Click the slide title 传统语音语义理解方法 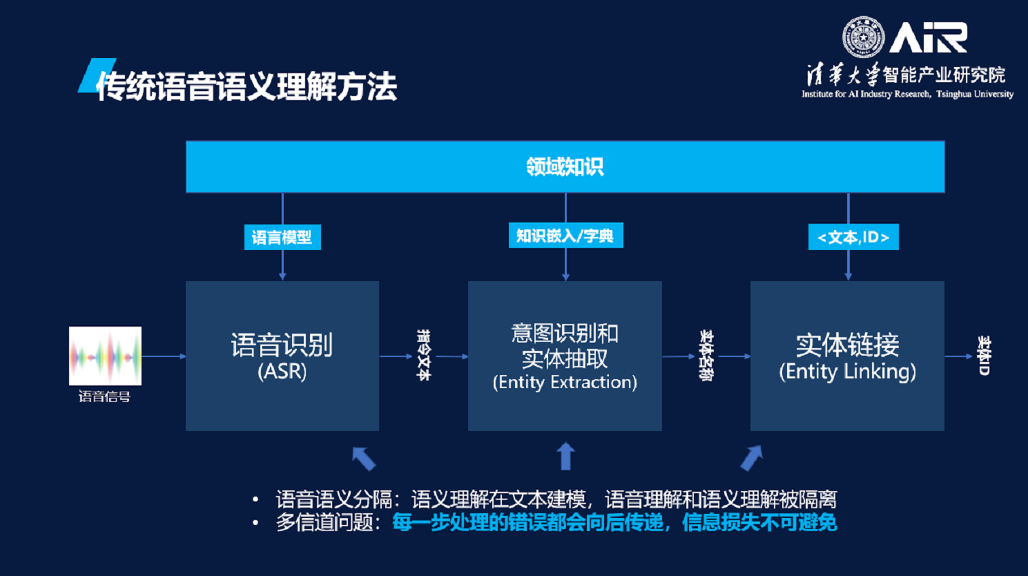tap(246, 86)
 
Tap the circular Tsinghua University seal tap(863, 37)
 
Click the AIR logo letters tap(928, 38)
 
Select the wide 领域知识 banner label tap(565, 166)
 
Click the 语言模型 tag tap(282, 238)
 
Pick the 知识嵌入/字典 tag tap(565, 236)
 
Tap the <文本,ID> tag tap(853, 238)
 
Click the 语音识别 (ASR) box tap(282, 356)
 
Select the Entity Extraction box tap(565, 356)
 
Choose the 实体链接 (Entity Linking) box tap(847, 356)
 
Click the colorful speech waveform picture tap(105, 356)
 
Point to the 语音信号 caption tap(104, 396)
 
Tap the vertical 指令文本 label tap(423, 355)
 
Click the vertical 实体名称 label tap(706, 355)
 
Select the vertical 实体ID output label tap(984, 356)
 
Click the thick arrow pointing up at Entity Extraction tap(565, 457)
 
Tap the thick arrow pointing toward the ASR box tap(364, 459)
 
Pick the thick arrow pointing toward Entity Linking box tap(751, 458)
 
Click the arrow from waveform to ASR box tap(164, 356)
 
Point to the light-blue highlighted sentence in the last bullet tap(614, 523)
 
